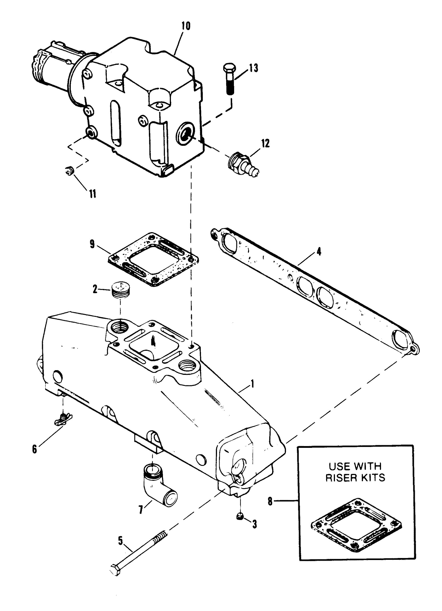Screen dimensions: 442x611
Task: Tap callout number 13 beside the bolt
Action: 252,68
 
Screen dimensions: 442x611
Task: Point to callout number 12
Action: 265,143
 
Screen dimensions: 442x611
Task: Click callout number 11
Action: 93,194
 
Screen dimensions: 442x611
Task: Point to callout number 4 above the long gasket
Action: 319,252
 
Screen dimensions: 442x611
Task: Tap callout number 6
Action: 34,449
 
